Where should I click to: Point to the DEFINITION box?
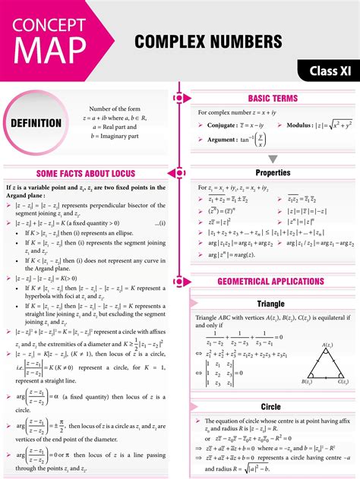click(x=36, y=123)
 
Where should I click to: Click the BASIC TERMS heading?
click(x=273, y=99)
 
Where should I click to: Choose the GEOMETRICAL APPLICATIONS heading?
click(x=270, y=282)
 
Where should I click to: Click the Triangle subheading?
click(x=271, y=304)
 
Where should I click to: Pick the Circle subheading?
click(x=270, y=407)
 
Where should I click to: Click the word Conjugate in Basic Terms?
click(x=224, y=124)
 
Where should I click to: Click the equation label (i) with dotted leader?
click(x=161, y=224)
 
